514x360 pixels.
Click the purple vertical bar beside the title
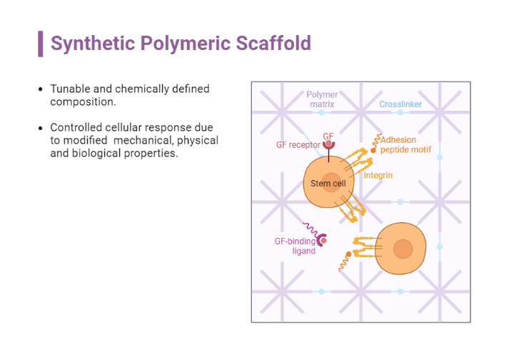click(41, 44)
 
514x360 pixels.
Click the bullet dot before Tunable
click(40, 90)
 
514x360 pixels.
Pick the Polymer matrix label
click(322, 99)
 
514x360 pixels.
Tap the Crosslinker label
click(400, 104)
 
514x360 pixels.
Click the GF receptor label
click(298, 145)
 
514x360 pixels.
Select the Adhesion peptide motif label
click(407, 145)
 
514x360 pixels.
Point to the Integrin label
click(378, 175)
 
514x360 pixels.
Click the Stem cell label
click(328, 184)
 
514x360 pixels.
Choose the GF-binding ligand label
click(295, 246)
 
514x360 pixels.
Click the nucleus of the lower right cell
click(403, 249)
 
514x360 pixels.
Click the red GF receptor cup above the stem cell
click(329, 145)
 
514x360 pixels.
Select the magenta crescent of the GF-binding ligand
click(321, 241)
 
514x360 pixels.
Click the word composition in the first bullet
click(83, 102)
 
